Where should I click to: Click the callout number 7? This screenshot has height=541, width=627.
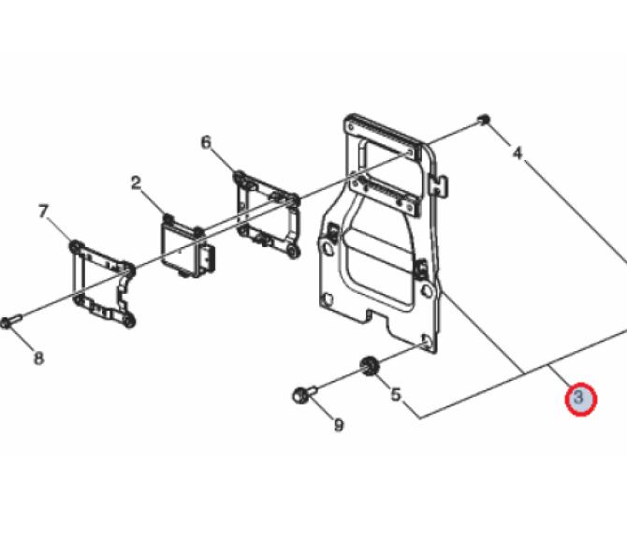[x=44, y=212]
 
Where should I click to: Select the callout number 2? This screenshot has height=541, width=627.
[x=137, y=183]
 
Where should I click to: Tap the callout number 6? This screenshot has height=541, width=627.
[x=206, y=142]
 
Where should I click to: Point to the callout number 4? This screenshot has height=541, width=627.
[x=518, y=153]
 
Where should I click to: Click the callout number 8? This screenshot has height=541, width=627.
[x=38, y=358]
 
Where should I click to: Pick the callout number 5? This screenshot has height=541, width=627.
[x=396, y=395]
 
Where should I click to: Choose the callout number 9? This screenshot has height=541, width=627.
[x=339, y=425]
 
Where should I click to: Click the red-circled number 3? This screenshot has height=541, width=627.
[x=580, y=399]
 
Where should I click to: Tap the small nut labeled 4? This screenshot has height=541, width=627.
[x=484, y=119]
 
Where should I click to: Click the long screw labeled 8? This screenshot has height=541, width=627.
[x=11, y=321]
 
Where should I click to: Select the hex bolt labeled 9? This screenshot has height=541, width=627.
[x=304, y=394]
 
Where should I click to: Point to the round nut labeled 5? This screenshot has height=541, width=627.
[x=368, y=367]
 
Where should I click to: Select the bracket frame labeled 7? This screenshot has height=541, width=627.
[x=103, y=285]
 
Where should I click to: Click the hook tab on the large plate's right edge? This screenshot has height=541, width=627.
[x=439, y=186]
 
